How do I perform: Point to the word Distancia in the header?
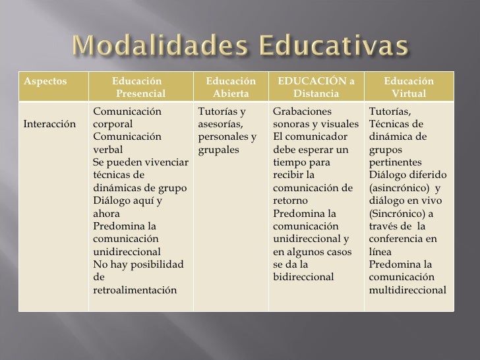click(316, 94)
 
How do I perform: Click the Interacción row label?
click(49, 123)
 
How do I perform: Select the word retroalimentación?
click(135, 289)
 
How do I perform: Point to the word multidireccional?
click(407, 289)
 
